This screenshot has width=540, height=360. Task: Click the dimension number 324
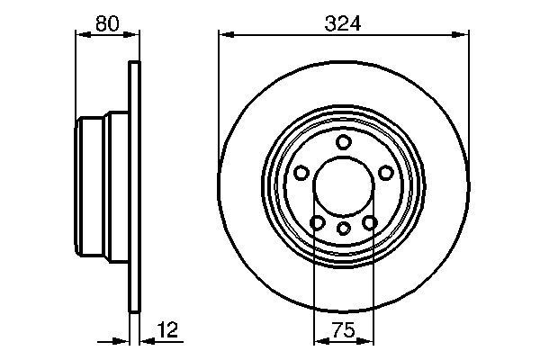344,24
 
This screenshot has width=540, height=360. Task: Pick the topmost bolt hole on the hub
343,142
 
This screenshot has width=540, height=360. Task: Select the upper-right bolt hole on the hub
386,173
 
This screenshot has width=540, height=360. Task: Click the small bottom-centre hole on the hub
343,228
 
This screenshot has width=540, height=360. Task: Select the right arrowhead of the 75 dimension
369,341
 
